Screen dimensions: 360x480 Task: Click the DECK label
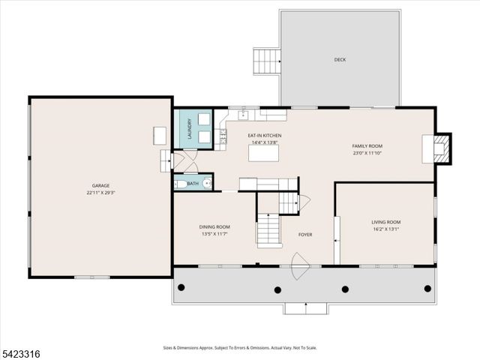[x=340, y=59]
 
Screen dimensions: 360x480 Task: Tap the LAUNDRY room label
[x=190, y=128]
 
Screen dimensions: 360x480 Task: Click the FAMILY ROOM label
[x=367, y=145]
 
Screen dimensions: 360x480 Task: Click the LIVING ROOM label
[x=385, y=222]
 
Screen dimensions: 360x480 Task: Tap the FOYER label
[x=305, y=235]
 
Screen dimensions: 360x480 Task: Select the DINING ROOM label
[x=214, y=226]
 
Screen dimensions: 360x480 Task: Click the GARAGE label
[x=100, y=184]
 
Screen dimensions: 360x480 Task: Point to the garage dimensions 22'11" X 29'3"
[x=100, y=192]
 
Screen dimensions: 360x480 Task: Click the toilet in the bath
[x=180, y=183]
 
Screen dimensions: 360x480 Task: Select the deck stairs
[x=266, y=60]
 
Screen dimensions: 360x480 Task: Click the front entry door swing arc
[x=301, y=266]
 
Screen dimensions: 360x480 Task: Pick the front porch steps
[x=305, y=307]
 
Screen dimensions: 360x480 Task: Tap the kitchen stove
[x=222, y=137]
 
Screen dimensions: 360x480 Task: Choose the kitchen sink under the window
[x=243, y=115]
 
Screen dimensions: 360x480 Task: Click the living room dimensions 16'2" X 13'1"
[x=385, y=230]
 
